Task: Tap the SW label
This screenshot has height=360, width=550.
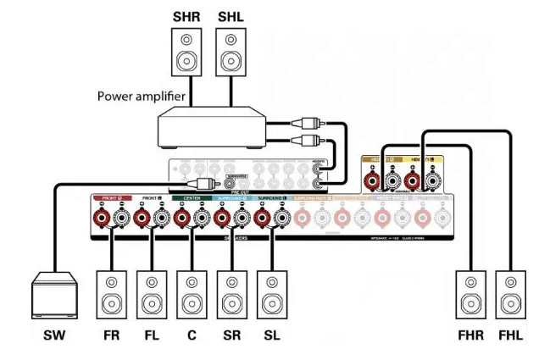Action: tap(53, 335)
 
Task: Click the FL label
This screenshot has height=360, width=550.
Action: tap(152, 335)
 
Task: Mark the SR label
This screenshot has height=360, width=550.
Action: tap(231, 335)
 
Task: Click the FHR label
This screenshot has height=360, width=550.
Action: tap(471, 335)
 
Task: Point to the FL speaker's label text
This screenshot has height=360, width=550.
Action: tap(152, 335)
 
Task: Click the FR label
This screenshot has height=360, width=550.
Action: tap(112, 335)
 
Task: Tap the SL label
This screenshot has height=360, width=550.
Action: tap(271, 335)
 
